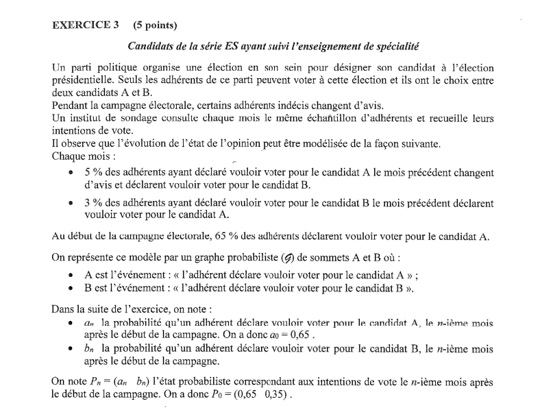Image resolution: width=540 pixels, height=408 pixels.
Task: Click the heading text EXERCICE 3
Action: tap(86, 25)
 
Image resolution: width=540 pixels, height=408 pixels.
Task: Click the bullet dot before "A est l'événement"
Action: tap(72, 275)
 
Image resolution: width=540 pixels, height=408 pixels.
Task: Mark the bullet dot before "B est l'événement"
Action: tap(72, 287)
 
